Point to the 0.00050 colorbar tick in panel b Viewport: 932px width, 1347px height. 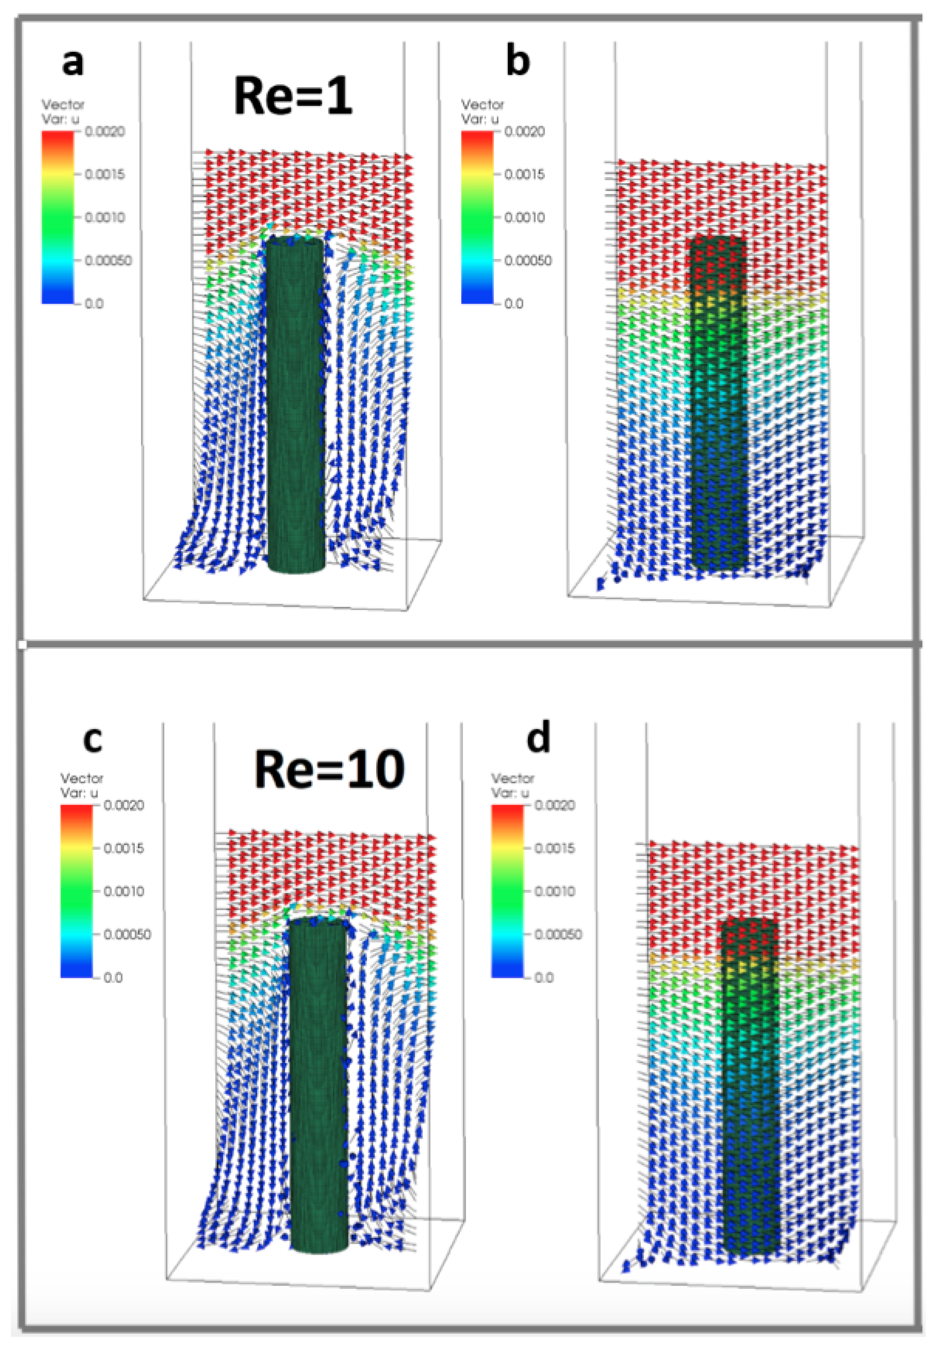tap(527, 260)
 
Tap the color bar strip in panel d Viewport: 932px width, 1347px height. tap(507, 891)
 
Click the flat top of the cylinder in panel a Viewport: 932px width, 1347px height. tap(294, 241)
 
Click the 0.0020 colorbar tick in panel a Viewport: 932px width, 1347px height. tap(105, 132)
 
